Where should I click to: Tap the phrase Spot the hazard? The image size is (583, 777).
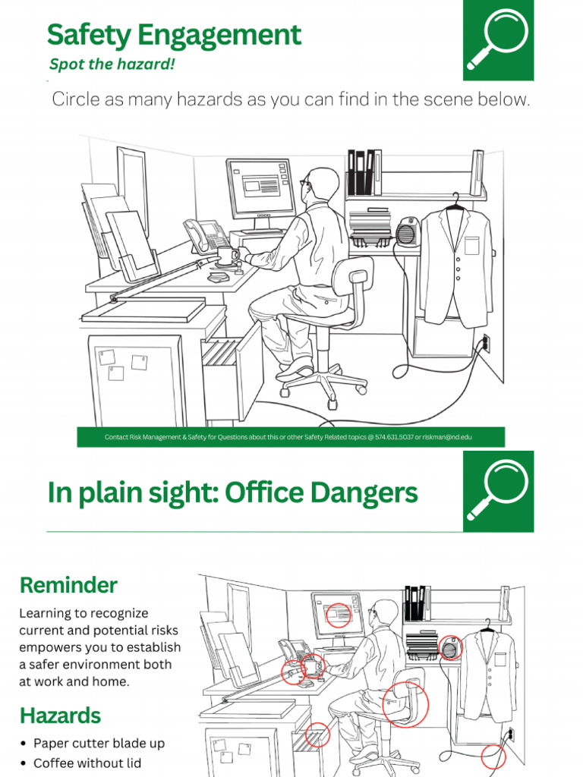pyautogui.click(x=112, y=64)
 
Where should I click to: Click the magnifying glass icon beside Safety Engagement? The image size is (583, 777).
pyautogui.click(x=498, y=40)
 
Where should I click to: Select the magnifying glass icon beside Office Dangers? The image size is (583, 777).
pyautogui.click(x=498, y=492)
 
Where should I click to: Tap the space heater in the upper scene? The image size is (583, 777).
pyautogui.click(x=408, y=231)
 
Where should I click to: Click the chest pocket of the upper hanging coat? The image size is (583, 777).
pyautogui.click(x=472, y=245)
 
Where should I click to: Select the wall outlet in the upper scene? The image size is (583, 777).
pyautogui.click(x=486, y=344)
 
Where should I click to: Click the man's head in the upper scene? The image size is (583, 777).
pyautogui.click(x=322, y=184)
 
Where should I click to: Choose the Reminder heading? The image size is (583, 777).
pyautogui.click(x=68, y=585)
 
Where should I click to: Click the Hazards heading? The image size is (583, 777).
pyautogui.click(x=60, y=715)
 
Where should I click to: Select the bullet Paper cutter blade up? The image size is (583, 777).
pyautogui.click(x=99, y=744)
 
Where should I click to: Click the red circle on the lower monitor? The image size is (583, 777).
pyautogui.click(x=338, y=615)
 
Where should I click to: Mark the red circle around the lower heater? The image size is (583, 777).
pyautogui.click(x=450, y=647)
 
